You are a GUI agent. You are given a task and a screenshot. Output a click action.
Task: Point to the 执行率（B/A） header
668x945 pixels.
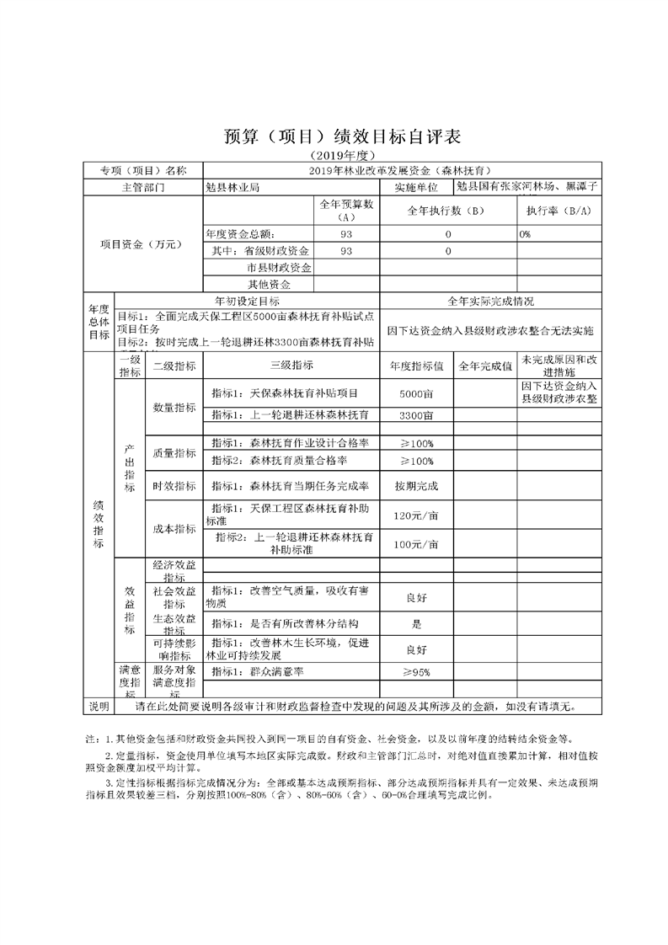558,211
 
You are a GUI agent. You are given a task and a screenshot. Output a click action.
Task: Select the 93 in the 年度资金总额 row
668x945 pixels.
346,233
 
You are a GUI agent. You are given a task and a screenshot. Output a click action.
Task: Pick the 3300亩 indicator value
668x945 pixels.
416,415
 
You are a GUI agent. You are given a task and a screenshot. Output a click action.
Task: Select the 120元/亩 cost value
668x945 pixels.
416,515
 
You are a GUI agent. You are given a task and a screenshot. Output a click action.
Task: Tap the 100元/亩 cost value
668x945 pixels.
416,544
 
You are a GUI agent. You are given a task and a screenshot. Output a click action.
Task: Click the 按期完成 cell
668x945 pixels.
416,487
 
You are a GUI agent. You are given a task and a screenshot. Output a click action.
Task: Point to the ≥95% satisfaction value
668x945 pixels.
416,672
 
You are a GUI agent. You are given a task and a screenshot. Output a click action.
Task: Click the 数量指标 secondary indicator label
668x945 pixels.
174,407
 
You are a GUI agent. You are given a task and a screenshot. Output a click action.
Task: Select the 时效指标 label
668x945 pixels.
174,487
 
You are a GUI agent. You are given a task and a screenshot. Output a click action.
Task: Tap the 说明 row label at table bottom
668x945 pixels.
99,705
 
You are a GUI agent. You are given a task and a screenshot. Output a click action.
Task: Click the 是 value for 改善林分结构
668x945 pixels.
416,625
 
